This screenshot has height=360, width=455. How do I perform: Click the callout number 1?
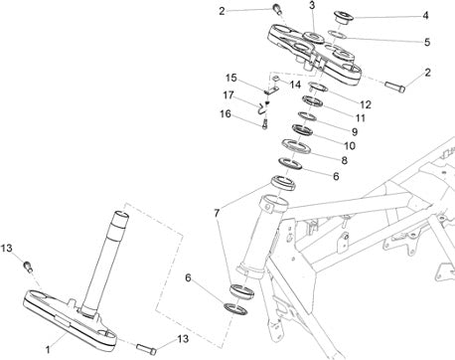click(48, 349)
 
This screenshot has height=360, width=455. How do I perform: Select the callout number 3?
click(312, 6)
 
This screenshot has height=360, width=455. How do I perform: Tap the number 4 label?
click(425, 15)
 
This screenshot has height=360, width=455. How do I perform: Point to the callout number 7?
click(217, 213)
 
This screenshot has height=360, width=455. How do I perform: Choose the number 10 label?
click(350, 145)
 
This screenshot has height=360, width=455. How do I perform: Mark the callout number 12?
click(366, 104)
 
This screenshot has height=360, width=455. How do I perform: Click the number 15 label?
click(231, 79)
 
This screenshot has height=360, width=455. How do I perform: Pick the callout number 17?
click(228, 95)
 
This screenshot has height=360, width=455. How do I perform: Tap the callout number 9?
click(355, 132)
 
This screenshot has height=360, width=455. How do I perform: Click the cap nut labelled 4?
click(343, 17)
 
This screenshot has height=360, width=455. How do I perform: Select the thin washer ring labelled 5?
click(337, 34)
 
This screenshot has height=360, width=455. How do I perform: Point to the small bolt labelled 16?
click(264, 124)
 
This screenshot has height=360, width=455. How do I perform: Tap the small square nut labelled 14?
click(276, 79)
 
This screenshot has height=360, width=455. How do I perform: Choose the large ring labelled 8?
click(296, 146)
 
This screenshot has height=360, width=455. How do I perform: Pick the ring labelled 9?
click(308, 116)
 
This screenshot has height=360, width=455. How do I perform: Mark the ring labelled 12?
click(318, 87)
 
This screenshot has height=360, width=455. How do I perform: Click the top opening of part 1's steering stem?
click(121, 214)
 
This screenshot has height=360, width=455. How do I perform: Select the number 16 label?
click(226, 114)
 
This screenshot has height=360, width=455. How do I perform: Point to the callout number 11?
click(361, 118)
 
